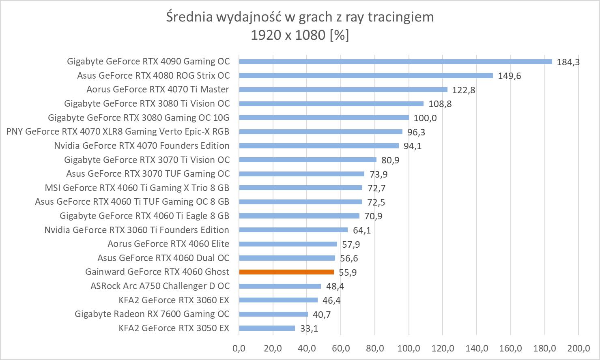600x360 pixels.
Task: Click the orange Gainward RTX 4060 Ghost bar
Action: [286, 272]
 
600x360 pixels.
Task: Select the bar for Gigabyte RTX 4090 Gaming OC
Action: [396, 62]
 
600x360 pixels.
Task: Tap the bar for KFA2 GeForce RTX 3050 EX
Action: [267, 328]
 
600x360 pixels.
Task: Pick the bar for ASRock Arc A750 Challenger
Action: [280, 286]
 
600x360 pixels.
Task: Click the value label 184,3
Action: [568, 62]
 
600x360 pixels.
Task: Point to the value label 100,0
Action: [425, 118]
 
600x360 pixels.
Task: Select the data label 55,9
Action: [348, 272]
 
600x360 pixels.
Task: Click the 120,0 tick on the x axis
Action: [443, 348]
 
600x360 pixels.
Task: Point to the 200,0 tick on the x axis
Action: [578, 348]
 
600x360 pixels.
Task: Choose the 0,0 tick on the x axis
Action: [239, 348]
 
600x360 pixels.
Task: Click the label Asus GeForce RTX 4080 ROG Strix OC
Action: [153, 75]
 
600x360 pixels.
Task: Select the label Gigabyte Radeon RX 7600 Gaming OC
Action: [152, 314]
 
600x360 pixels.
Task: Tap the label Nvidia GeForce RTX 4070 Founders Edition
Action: [142, 146]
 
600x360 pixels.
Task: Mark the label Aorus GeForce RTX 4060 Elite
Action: [168, 244]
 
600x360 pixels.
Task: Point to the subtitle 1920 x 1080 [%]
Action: [300, 35]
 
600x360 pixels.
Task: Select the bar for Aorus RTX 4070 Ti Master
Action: [343, 90]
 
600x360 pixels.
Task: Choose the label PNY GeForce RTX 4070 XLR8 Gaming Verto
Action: [118, 131]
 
